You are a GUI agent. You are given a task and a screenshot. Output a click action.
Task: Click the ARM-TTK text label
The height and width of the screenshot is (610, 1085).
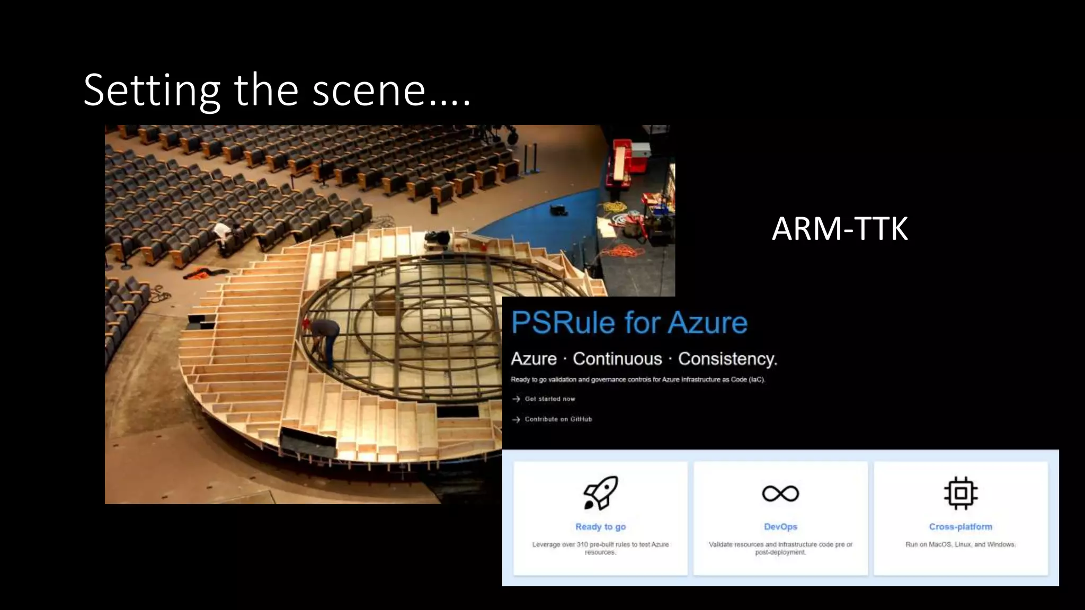click(840, 229)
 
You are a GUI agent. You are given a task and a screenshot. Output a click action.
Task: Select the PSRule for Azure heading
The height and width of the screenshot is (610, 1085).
click(629, 322)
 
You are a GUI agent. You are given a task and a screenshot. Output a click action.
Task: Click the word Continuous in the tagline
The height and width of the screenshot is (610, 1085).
click(617, 359)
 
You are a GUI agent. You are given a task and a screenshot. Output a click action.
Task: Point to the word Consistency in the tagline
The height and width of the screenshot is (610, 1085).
click(727, 359)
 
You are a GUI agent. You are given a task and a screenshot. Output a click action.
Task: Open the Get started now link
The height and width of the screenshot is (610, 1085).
click(549, 399)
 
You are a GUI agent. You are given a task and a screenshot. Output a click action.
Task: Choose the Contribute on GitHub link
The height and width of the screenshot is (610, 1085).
click(558, 419)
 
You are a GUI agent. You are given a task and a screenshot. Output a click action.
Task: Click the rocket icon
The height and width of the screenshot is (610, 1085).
click(600, 492)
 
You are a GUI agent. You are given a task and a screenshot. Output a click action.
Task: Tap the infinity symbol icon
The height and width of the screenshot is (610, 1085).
click(780, 494)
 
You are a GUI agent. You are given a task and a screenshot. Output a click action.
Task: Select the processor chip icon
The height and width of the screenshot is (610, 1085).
click(961, 493)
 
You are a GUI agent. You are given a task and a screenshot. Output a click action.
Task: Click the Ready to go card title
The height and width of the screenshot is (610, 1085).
click(600, 527)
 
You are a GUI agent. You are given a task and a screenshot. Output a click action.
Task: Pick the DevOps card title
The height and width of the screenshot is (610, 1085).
click(780, 527)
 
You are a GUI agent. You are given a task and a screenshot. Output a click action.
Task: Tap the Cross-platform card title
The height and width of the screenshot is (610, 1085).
click(961, 527)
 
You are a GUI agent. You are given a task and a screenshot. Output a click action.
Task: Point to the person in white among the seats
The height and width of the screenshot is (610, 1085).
click(223, 233)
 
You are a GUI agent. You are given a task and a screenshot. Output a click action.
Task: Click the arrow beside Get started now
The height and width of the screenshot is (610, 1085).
click(516, 399)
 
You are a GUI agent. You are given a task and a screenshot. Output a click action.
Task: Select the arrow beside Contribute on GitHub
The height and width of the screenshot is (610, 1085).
click(516, 419)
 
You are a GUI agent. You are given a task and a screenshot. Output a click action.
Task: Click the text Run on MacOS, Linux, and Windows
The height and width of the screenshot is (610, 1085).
click(961, 544)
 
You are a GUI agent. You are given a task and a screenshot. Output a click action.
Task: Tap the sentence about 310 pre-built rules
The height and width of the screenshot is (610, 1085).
click(600, 548)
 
